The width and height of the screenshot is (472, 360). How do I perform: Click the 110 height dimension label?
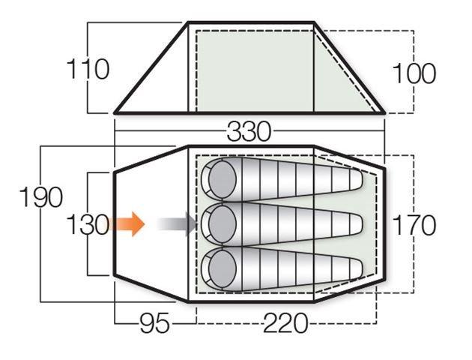[88, 69]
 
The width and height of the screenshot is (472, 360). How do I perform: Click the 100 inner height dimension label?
[414, 73]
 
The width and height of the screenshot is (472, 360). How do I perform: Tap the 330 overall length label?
[249, 131]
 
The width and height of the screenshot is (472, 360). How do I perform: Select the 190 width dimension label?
[41, 197]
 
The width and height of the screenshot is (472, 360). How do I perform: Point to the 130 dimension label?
[88, 224]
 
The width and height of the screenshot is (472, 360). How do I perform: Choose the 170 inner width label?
[414, 225]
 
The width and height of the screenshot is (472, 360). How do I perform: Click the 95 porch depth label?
[155, 323]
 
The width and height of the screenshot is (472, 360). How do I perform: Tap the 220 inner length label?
[285, 323]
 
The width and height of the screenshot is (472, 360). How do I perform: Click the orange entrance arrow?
[126, 223]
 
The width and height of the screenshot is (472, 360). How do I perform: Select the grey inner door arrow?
[177, 223]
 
